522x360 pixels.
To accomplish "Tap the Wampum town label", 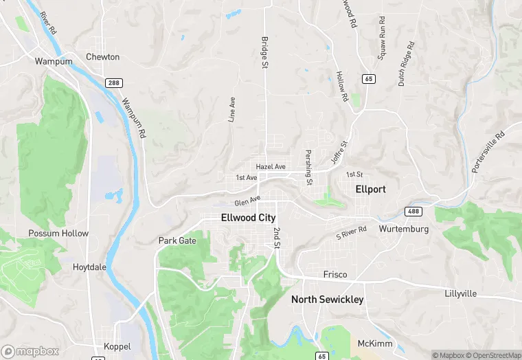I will tap(49, 61).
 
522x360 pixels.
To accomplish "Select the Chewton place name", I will tap(102, 57).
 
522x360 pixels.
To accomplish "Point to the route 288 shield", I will tap(113, 82).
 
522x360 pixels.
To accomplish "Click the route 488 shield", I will tap(413, 212).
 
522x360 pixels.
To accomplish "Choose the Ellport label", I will tap(370, 189).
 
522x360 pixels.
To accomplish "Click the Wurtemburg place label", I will tap(403, 229).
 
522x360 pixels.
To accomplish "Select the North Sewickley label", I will tap(327, 300).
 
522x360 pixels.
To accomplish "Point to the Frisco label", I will tap(335, 275).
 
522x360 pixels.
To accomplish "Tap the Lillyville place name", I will tap(461, 293).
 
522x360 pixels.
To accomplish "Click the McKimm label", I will tap(374, 343).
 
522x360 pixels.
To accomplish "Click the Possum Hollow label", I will tap(58, 234).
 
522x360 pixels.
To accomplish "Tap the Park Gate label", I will tap(177, 240).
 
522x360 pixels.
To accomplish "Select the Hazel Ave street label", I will tap(270, 167).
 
